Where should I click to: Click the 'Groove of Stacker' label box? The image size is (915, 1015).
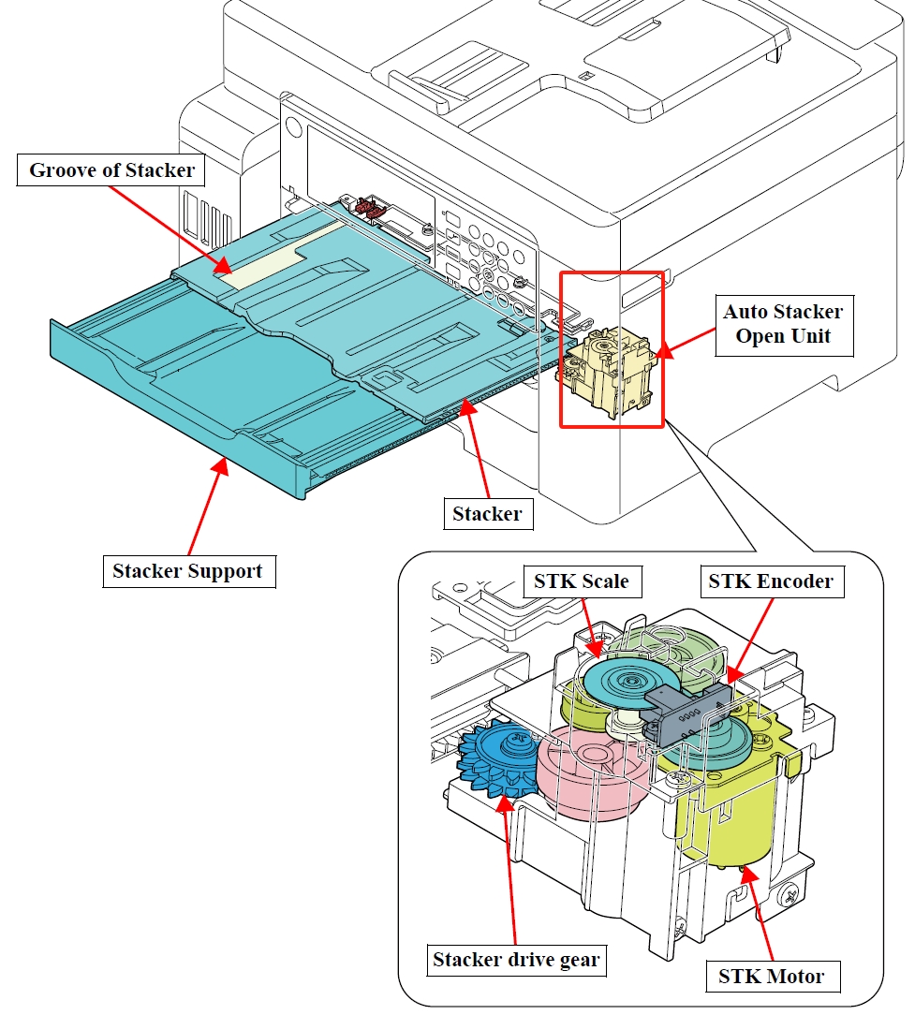(x=111, y=170)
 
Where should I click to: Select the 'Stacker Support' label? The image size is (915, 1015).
(x=188, y=571)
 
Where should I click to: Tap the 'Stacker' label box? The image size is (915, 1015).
(x=488, y=514)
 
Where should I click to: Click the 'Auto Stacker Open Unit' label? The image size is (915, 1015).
(x=784, y=324)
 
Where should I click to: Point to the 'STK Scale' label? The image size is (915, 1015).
(x=582, y=581)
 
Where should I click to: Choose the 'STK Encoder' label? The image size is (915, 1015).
(x=772, y=581)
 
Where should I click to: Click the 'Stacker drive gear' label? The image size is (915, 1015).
(x=516, y=960)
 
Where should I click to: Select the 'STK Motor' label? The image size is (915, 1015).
(x=773, y=977)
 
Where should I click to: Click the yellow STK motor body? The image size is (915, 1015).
(x=725, y=809)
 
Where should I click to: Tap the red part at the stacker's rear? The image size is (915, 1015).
(x=366, y=206)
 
